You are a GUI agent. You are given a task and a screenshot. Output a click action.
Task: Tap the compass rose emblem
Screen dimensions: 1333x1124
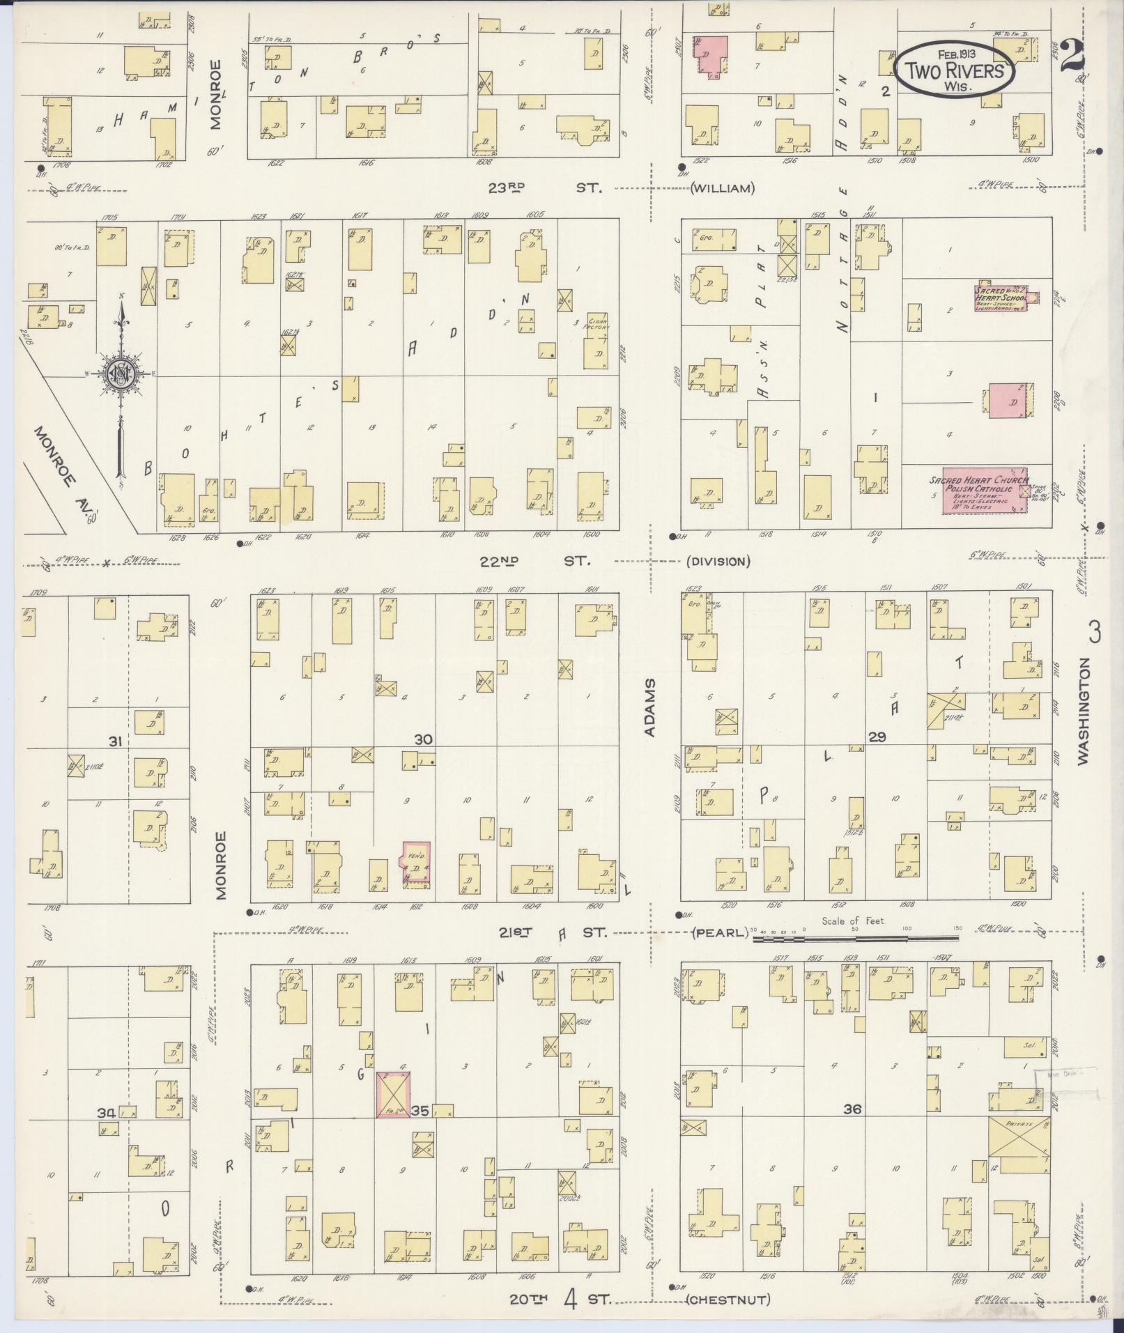121,377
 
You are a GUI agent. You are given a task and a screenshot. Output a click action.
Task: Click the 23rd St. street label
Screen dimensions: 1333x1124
544,187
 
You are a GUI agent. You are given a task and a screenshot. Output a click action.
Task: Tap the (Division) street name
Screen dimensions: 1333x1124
718,561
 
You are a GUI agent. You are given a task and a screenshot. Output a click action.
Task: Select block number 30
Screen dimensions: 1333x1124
423,739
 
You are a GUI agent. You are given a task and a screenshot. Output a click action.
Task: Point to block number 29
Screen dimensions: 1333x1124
877,736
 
